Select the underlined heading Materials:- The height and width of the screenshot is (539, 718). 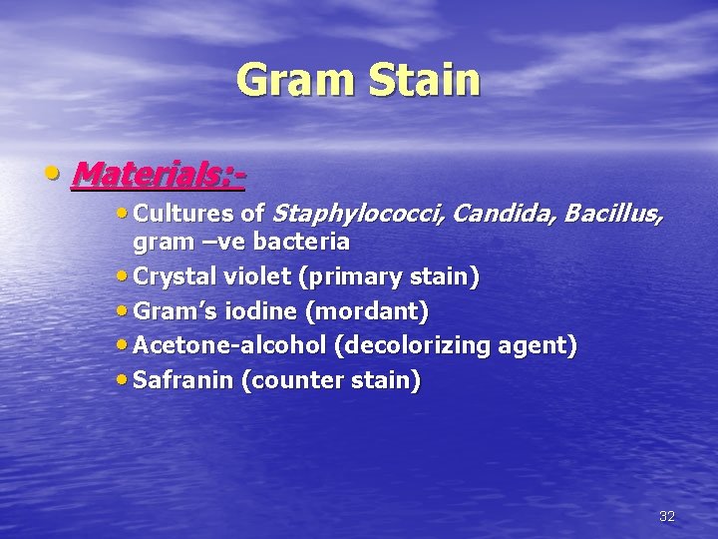point(159,175)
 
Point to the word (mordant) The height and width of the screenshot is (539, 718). point(368,312)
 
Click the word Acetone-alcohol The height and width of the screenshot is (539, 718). point(229,346)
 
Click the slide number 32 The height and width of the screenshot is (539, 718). point(667,516)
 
